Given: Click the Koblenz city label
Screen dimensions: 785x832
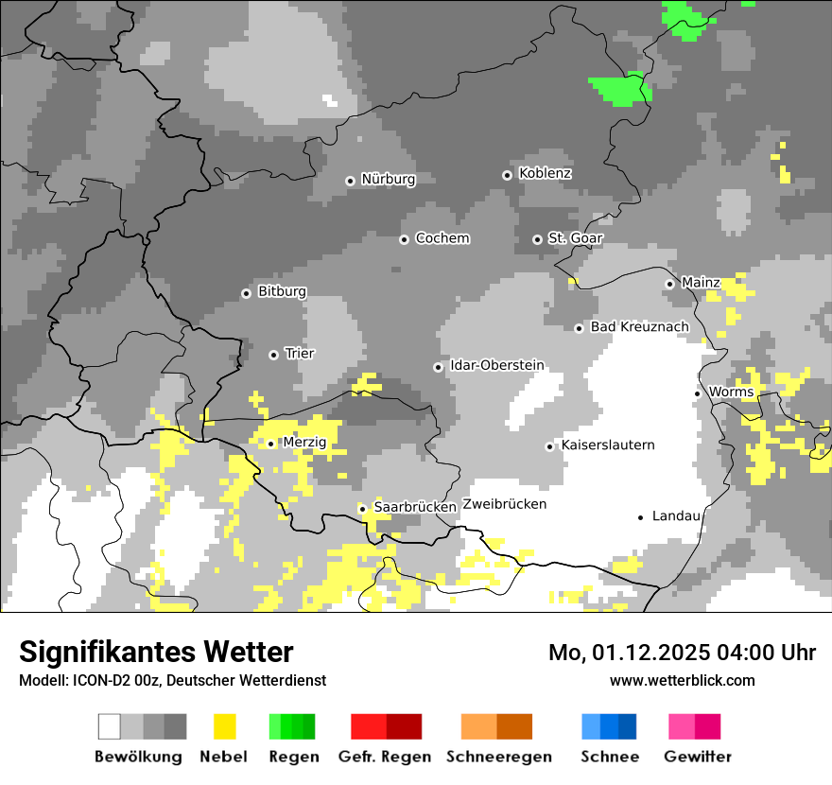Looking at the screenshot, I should click(x=546, y=173).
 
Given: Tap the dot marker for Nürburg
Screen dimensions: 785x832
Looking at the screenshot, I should click(x=350, y=180).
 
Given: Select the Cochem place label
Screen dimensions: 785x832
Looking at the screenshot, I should click(x=442, y=238).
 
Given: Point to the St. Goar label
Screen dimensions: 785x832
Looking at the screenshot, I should click(x=575, y=238).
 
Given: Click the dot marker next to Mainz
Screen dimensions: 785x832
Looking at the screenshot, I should click(x=669, y=283).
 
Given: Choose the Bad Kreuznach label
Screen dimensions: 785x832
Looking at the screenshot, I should click(x=640, y=326).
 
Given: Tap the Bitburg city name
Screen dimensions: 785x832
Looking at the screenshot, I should click(x=282, y=291).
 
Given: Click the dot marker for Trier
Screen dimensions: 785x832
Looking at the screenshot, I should click(x=273, y=355).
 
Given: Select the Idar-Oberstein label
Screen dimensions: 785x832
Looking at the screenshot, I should click(x=496, y=365).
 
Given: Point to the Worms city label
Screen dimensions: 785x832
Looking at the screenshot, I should click(x=731, y=392).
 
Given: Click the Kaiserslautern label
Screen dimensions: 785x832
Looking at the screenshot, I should click(x=607, y=445).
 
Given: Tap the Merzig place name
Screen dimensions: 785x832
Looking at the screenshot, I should click(x=304, y=442).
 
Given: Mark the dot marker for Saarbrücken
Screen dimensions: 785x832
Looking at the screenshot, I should click(x=362, y=508).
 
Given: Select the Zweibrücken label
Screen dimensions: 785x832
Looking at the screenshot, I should click(x=504, y=504).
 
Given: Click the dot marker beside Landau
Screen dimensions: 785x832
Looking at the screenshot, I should click(x=641, y=516).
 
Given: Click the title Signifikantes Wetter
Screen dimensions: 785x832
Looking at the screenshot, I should click(x=156, y=652).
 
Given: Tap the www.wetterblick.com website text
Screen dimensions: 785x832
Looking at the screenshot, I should click(x=682, y=680).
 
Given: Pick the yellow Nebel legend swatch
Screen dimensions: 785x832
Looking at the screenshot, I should click(x=225, y=726).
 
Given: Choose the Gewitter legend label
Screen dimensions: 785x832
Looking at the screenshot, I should click(x=697, y=757).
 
